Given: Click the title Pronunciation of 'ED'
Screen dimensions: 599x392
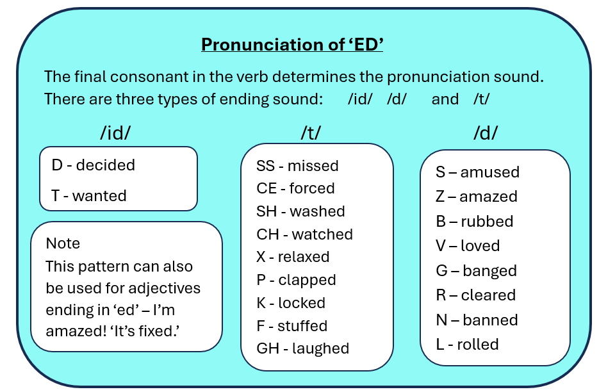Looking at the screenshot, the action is coord(292,44).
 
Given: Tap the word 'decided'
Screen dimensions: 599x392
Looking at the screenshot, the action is coord(106,165).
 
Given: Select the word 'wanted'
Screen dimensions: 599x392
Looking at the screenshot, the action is coord(99,196).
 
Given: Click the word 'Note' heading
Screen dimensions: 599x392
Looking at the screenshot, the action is coord(63,243).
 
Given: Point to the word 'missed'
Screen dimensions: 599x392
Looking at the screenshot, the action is coord(313,166).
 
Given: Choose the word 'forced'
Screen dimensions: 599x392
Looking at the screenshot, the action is coord(312,188).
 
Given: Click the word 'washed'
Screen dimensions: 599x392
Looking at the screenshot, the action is coord(317,211).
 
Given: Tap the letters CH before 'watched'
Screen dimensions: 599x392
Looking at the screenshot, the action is coord(267,234).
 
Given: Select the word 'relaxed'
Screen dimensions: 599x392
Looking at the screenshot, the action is coord(303,257).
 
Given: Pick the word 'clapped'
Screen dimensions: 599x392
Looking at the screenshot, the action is coord(307,280).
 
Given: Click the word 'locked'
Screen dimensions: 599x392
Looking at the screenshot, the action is coord(301,303).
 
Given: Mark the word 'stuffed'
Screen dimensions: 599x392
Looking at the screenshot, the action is coord(302,326).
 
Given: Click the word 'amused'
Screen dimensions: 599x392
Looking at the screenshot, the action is coord(489,172).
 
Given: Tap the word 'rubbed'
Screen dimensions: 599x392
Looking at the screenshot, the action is coord(487,221).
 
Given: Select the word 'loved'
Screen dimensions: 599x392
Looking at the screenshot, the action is coord(480,246).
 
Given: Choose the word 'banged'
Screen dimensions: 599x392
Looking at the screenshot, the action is coord(489,271).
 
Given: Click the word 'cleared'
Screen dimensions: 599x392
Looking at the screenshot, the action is coord(488,295).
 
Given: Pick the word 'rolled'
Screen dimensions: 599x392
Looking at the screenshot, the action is coord(477,344).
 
